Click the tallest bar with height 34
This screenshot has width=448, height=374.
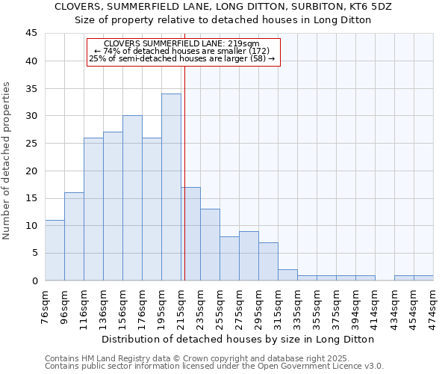[171, 187]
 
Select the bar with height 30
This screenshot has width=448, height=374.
[132, 198]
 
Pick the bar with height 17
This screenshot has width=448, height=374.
[190, 233]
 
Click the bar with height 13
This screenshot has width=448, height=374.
[210, 245]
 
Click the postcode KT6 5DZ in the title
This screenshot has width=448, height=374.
[379, 6]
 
